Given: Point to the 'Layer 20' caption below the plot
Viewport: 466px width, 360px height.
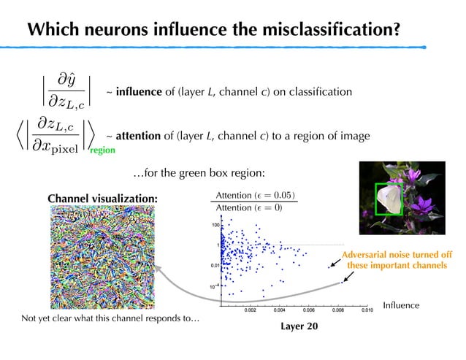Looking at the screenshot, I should click(x=299, y=326).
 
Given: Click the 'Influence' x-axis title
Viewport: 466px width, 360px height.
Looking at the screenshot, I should click(x=401, y=305).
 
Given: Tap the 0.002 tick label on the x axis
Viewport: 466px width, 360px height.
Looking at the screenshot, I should click(x=250, y=310).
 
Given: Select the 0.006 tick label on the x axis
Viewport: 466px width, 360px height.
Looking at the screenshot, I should click(x=308, y=310).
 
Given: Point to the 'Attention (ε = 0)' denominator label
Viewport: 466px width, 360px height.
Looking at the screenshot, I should click(x=251, y=208).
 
